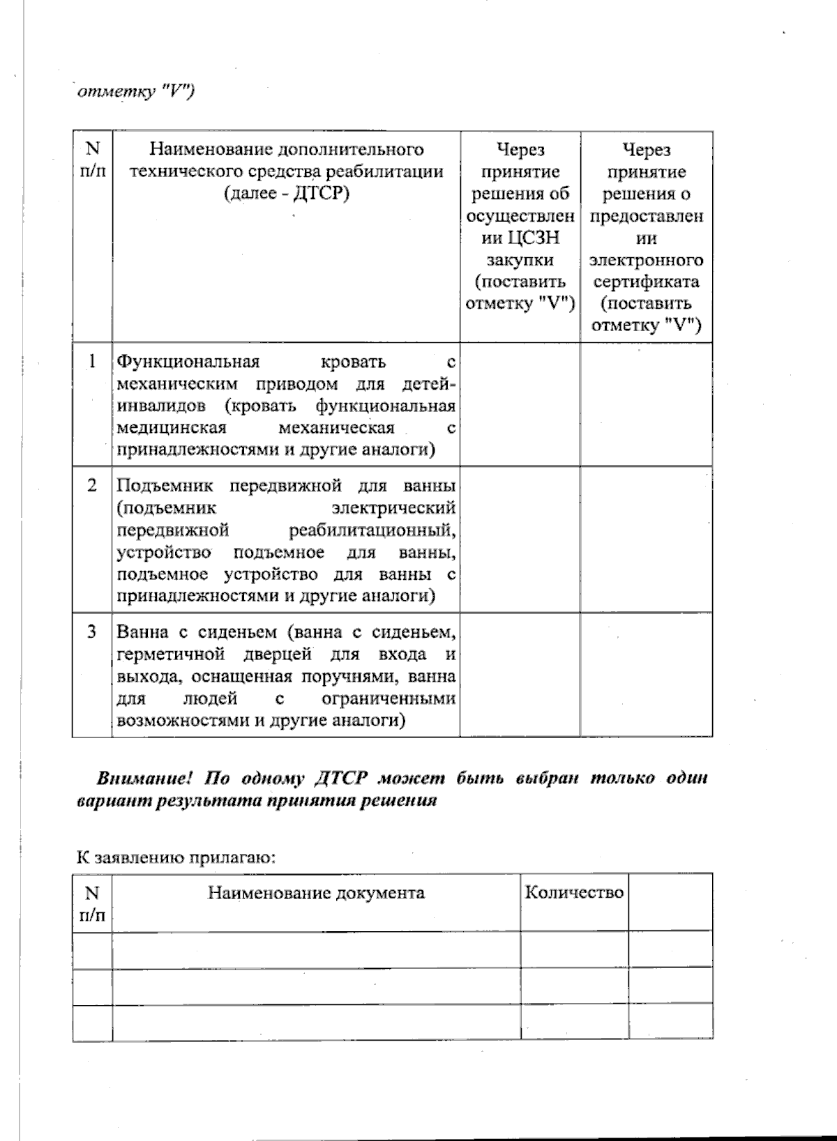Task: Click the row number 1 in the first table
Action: coord(92,362)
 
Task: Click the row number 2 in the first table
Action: coord(92,485)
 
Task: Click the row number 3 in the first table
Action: coord(92,631)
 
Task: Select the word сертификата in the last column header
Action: coord(646,282)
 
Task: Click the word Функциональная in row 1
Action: coord(188,362)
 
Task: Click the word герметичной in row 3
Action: coord(171,654)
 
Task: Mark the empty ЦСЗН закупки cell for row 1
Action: coord(520,404)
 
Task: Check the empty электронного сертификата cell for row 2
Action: coord(646,539)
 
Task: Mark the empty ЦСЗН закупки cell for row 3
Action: coord(520,675)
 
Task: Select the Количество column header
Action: coord(573,893)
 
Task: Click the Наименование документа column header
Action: coord(316,893)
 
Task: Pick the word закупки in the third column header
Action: coord(520,260)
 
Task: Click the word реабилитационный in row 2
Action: coord(372,530)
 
